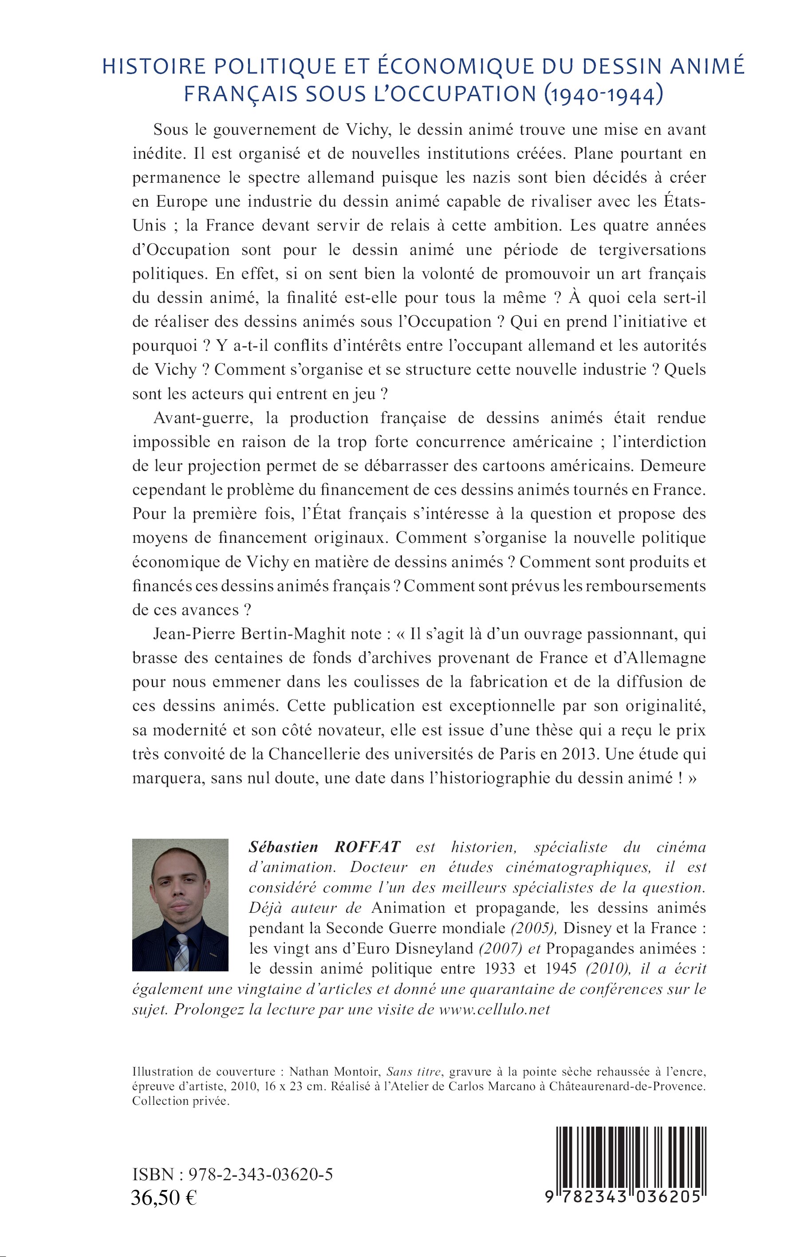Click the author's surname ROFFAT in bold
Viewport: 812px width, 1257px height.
(x=367, y=847)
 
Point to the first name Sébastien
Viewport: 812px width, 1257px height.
(x=283, y=847)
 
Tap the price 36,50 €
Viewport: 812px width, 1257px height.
(x=163, y=1198)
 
